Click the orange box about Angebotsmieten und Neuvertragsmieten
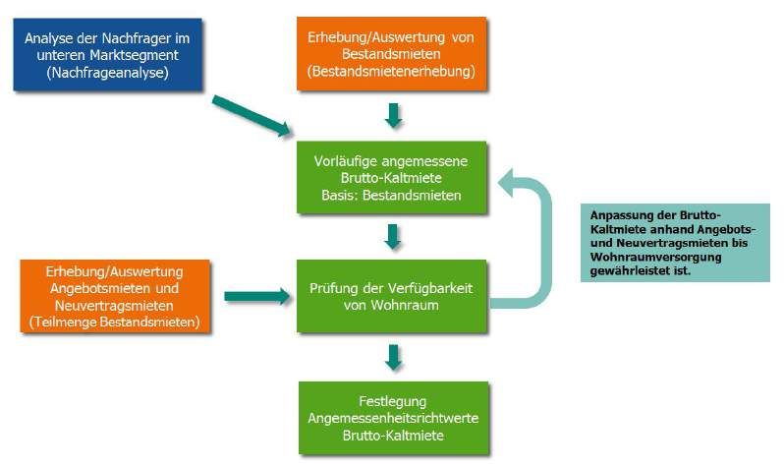coord(114,296)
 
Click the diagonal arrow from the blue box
coord(252,115)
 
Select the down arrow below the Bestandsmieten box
coord(393,116)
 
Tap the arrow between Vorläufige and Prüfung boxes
coord(393,237)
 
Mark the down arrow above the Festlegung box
coord(393,357)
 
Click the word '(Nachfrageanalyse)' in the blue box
coord(109,72)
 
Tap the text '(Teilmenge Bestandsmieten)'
coord(115,322)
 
